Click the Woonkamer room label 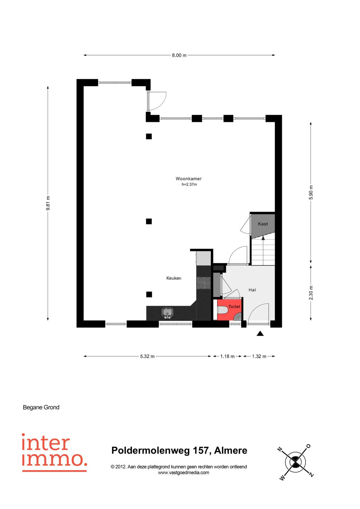pyautogui.click(x=188, y=178)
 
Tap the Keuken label pyautogui.click(x=174, y=278)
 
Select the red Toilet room pyautogui.click(x=230, y=310)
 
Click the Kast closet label pyautogui.click(x=263, y=224)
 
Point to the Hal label pyautogui.click(x=252, y=290)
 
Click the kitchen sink pyautogui.click(x=167, y=312)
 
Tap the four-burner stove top pyautogui.click(x=204, y=283)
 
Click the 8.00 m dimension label pyautogui.click(x=179, y=55)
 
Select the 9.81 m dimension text pyautogui.click(x=48, y=203)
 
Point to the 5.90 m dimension pyautogui.click(x=311, y=192)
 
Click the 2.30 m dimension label pyautogui.click(x=311, y=293)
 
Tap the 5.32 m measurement pyautogui.click(x=147, y=356)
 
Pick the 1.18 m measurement pyautogui.click(x=227, y=356)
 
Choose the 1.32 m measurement pyautogui.click(x=259, y=356)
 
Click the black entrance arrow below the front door pyautogui.click(x=260, y=334)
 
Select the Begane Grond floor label pyautogui.click(x=41, y=408)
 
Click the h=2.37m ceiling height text pyautogui.click(x=189, y=185)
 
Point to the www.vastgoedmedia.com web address pyautogui.click(x=184, y=473)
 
